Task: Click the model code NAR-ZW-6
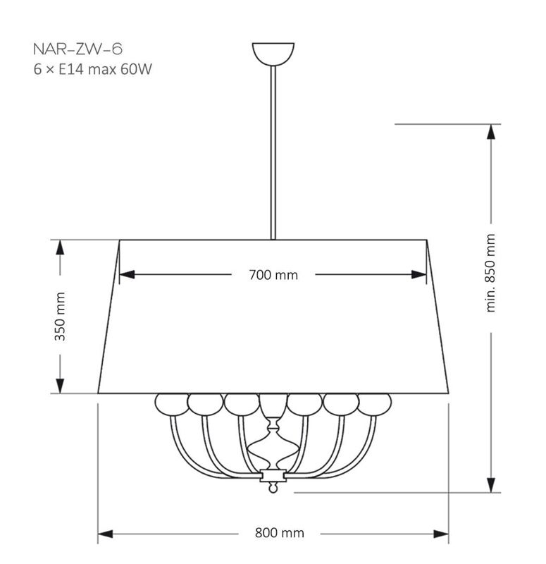coord(77,49)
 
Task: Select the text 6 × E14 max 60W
coord(93,69)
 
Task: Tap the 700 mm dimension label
coord(273,275)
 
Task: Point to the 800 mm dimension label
coord(279,533)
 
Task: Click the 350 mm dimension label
coord(60,317)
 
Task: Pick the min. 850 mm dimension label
coord(490,273)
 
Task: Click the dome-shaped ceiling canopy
coord(273,54)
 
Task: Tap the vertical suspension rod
coord(273,153)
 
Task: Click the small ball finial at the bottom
coord(273,488)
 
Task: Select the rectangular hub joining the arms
coord(273,475)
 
